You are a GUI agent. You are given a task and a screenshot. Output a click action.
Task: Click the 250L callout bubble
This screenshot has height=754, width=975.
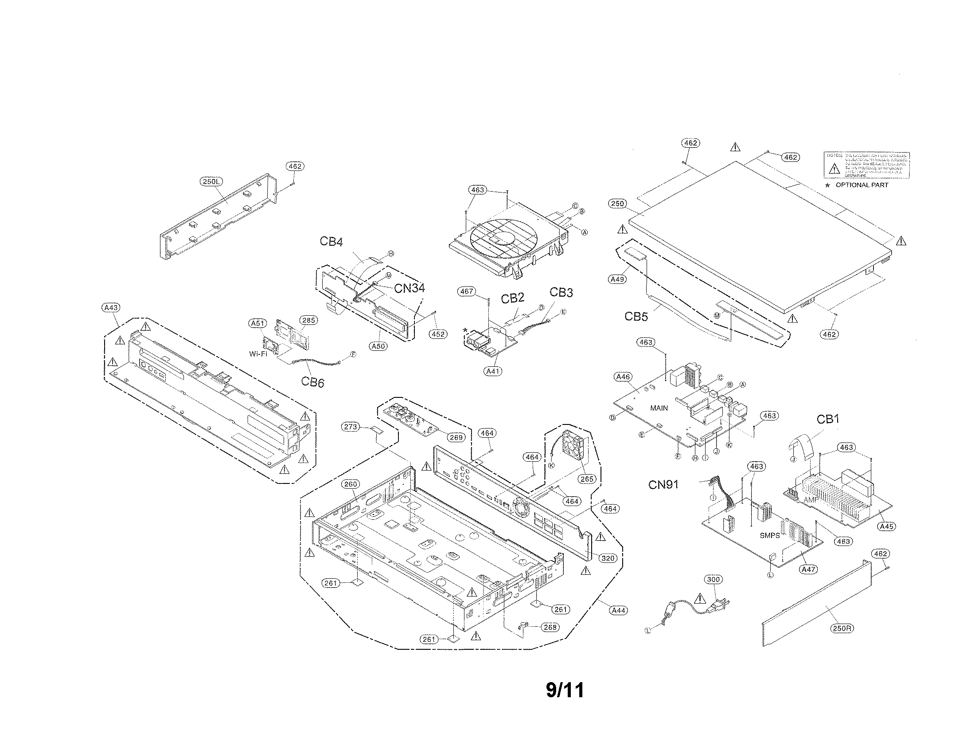[211, 181]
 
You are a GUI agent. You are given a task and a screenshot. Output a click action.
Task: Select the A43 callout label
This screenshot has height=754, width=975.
[111, 308]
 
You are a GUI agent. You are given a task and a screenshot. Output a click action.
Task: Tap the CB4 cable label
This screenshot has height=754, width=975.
[331, 242]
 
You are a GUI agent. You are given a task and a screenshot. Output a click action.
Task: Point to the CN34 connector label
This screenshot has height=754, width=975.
[409, 289]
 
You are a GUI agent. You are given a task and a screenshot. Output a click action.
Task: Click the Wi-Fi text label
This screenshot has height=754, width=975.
[258, 354]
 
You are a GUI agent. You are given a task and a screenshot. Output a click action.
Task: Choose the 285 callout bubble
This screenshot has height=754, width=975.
[308, 320]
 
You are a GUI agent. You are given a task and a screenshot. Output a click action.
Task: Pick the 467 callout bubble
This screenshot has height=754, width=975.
[467, 291]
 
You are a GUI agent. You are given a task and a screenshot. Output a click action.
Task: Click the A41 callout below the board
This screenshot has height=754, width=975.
[493, 371]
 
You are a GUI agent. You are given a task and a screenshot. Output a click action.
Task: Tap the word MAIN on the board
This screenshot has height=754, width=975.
[659, 408]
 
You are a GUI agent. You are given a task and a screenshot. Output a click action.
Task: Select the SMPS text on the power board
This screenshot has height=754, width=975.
[770, 536]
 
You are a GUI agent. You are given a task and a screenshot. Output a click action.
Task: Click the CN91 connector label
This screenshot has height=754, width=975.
[663, 485]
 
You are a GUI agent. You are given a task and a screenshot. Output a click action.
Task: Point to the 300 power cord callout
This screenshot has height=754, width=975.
[713, 580]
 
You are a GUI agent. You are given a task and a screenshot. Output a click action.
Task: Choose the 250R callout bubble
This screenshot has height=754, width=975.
[842, 628]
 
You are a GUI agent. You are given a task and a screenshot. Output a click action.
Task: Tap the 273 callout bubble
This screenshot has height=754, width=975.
[351, 427]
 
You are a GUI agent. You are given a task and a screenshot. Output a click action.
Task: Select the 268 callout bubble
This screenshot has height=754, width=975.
[550, 627]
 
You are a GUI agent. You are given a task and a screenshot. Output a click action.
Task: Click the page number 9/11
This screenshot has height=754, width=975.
[565, 691]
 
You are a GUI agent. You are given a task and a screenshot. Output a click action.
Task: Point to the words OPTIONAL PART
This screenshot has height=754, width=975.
[862, 185]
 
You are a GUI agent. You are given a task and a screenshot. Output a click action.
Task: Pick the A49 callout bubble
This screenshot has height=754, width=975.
[617, 279]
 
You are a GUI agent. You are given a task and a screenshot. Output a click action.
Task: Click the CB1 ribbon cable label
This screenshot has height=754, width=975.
[828, 419]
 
